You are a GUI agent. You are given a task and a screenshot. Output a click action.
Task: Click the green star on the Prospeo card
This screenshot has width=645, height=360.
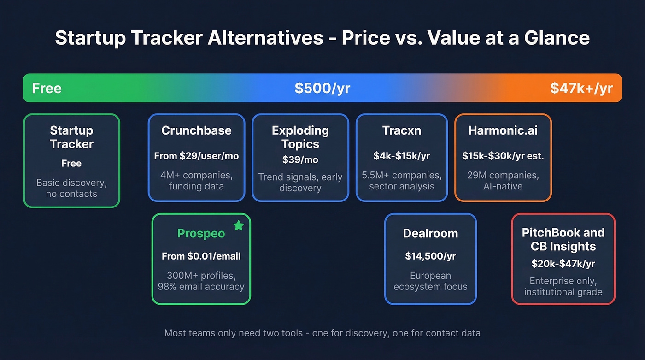(x=238, y=225)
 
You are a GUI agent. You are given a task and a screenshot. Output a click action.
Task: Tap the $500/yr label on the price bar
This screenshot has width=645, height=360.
(x=322, y=88)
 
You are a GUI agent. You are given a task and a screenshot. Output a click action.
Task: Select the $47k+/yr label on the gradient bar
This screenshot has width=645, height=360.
(x=581, y=88)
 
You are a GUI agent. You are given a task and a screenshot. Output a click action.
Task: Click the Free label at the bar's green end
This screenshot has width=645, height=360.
(x=47, y=88)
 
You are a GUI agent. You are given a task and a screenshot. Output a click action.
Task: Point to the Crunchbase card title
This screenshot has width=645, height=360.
(x=196, y=130)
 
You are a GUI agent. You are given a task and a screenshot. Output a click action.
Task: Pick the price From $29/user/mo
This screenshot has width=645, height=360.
(x=196, y=156)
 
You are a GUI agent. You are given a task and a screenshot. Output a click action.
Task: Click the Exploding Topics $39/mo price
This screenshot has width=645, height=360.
(x=300, y=159)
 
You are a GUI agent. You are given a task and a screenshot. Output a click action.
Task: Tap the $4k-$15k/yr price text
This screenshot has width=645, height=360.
(x=401, y=156)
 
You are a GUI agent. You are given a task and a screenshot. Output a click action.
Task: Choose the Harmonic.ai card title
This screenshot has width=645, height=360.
(x=503, y=130)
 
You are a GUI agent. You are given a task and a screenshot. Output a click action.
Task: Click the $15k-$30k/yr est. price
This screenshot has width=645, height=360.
(x=503, y=156)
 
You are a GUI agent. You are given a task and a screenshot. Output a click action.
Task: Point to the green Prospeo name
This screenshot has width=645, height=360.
(x=201, y=233)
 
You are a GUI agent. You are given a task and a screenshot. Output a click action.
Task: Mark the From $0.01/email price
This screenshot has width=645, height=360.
(x=201, y=256)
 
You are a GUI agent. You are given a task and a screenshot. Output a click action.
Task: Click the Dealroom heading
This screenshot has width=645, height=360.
(x=430, y=233)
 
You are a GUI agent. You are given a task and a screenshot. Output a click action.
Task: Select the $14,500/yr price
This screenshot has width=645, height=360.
(x=430, y=256)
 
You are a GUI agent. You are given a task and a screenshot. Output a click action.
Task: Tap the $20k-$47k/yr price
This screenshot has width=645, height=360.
(x=563, y=264)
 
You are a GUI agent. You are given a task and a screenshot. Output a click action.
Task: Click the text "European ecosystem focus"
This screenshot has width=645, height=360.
(x=430, y=281)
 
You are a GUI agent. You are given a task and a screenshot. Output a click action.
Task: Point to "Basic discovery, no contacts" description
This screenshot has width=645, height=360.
(x=71, y=188)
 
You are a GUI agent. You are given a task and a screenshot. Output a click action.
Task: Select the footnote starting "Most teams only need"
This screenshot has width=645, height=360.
(x=322, y=333)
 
